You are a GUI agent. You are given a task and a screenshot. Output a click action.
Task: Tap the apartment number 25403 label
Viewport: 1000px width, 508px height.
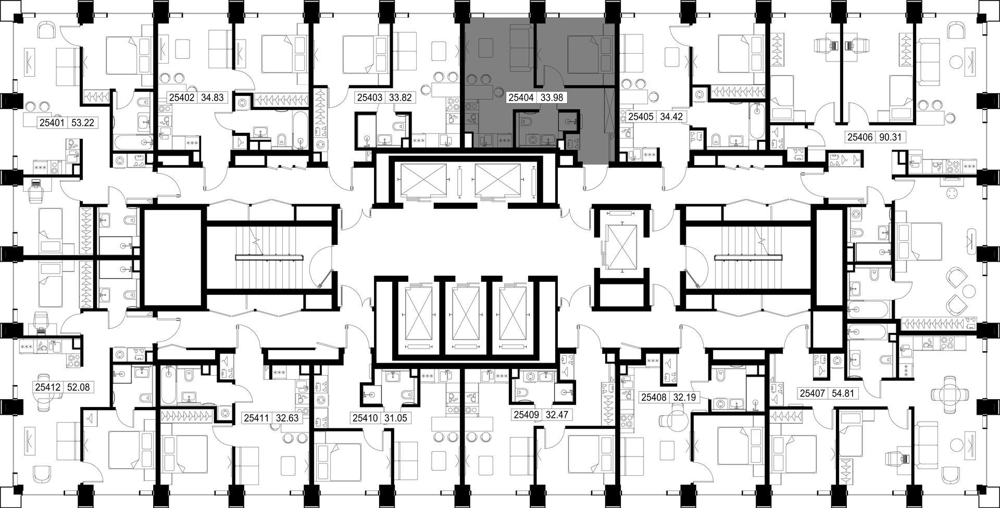pyautogui.click(x=369, y=97)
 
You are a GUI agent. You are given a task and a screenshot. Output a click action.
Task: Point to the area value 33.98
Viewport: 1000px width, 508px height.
pyautogui.click(x=552, y=97)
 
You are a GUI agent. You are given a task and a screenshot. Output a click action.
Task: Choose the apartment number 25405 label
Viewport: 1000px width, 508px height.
pyautogui.click(x=641, y=117)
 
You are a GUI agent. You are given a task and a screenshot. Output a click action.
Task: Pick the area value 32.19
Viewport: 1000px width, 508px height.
pyautogui.click(x=684, y=397)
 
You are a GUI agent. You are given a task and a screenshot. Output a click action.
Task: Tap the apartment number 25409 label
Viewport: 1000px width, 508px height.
pyautogui.click(x=526, y=415)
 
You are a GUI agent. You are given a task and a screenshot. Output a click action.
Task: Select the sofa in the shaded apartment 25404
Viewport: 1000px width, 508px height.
pyautogui.click(x=518, y=50)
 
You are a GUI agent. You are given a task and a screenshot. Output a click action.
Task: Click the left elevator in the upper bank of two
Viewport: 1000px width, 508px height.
pyautogui.click(x=421, y=181)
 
